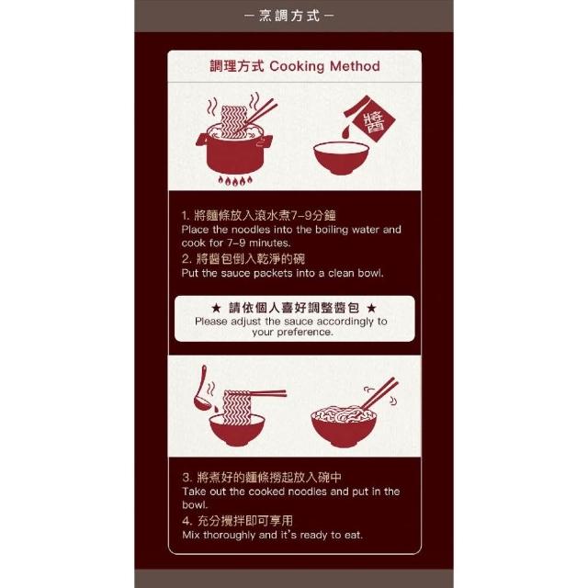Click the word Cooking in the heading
coord(297,67)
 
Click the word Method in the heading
coord(355,66)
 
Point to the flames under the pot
coord(235,181)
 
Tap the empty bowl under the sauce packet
coord(341,158)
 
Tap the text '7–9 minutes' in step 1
coord(259,243)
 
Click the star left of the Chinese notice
coord(216,309)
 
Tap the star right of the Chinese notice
coord(371,309)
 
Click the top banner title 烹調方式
coord(289,16)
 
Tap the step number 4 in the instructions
coord(187,521)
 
